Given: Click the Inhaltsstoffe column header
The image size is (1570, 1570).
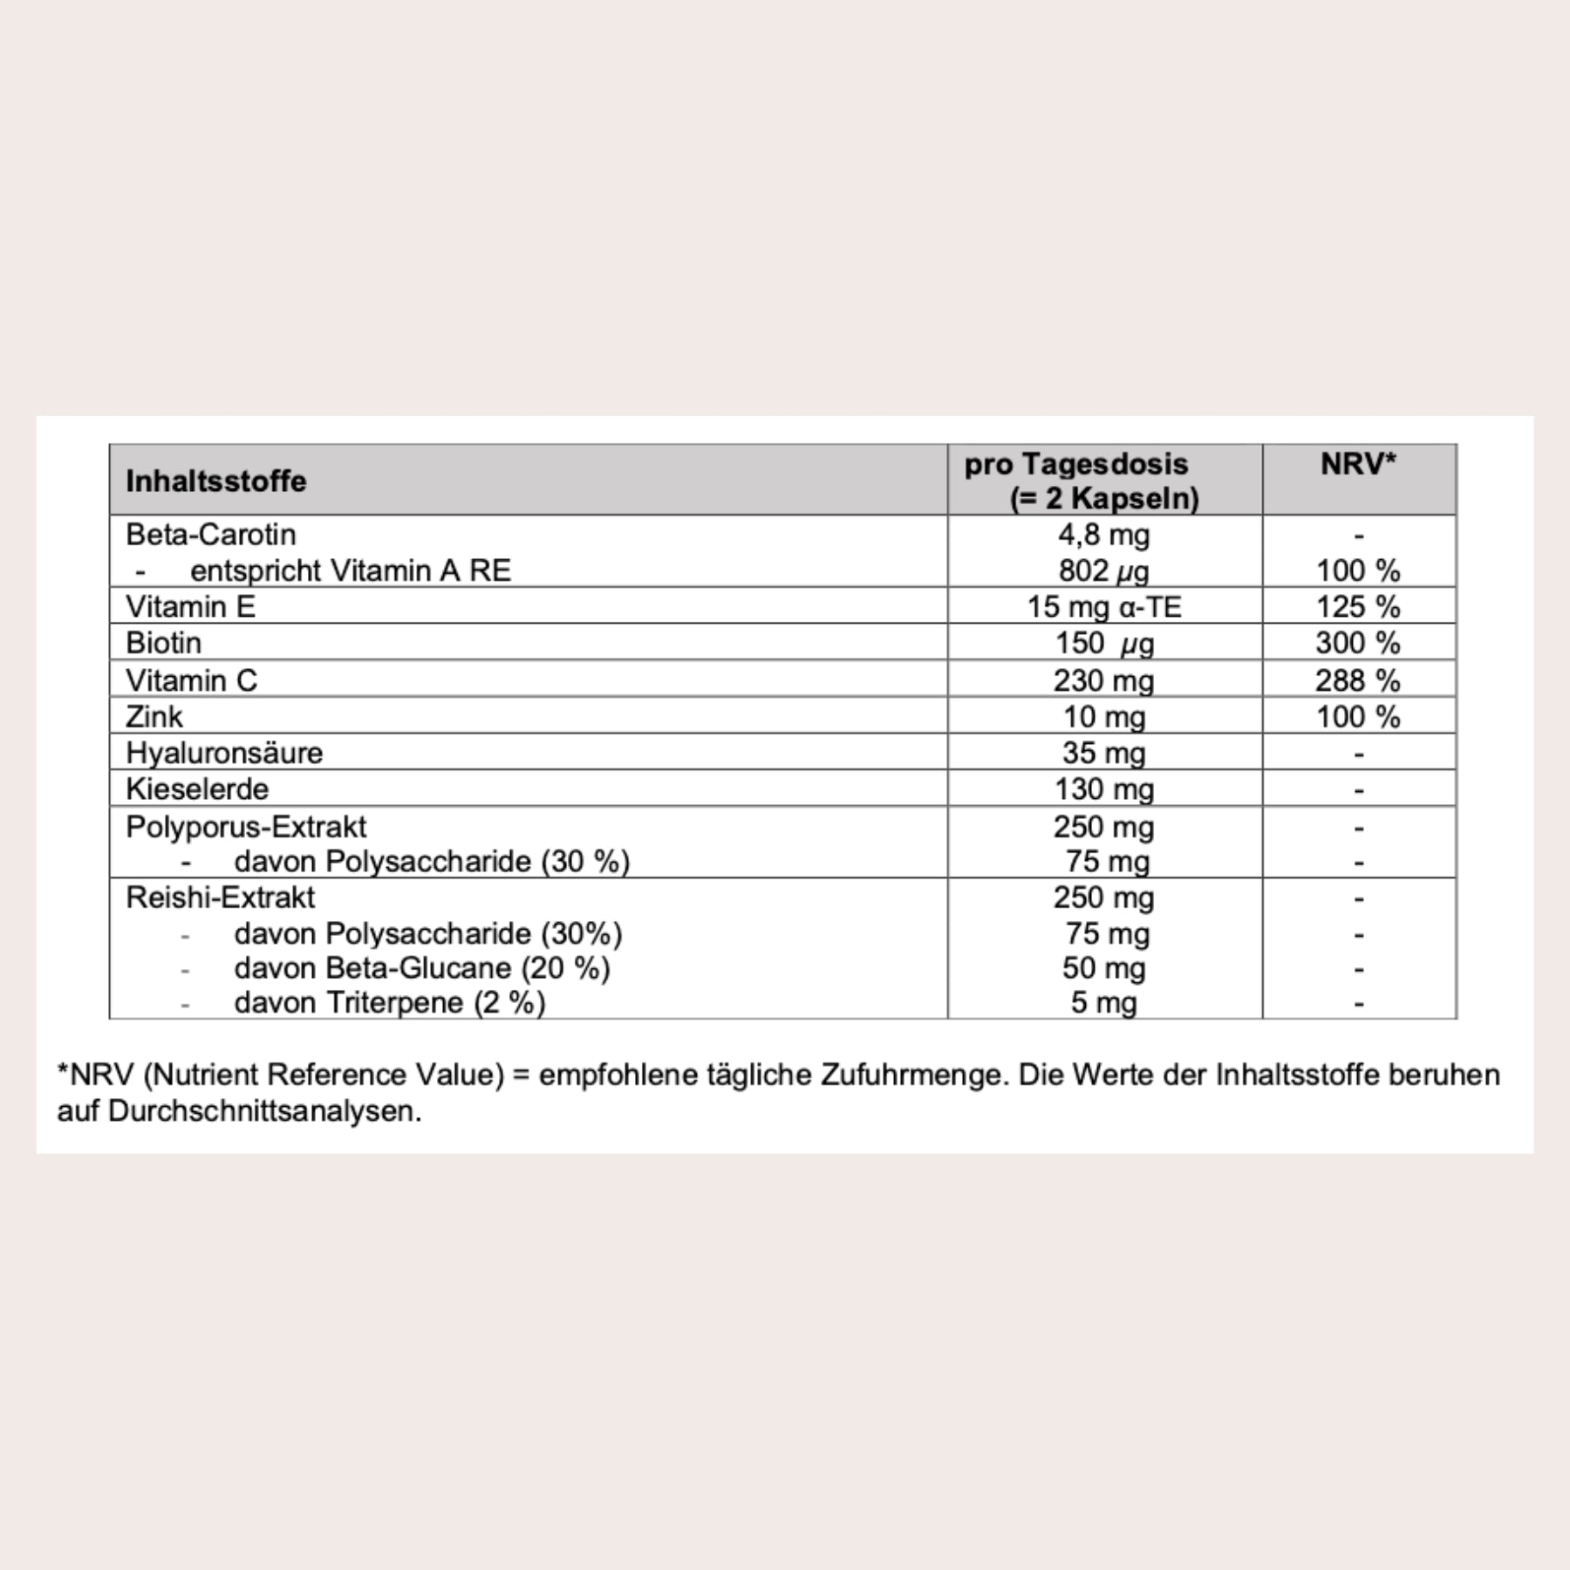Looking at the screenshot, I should pos(215,481).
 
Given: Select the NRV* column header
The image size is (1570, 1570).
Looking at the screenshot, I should pos(1358,464).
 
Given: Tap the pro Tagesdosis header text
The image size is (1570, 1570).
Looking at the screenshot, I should pos(1076,464).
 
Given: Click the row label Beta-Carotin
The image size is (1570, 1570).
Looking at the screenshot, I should pos(210,534).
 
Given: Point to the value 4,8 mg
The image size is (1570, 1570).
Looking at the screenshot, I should pos(1103,534).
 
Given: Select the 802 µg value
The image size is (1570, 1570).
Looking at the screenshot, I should pos(1103,570).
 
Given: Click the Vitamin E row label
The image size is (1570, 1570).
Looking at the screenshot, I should pos(190,606).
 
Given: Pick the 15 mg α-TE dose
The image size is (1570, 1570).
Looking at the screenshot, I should pos(1103,606).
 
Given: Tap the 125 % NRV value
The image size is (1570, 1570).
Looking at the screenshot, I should pos(1358,606).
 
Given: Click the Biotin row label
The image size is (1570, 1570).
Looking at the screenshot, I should pos(163,643).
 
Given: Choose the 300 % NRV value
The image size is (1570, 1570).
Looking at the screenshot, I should pos(1358,643).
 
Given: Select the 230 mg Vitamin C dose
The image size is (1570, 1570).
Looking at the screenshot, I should pos(1103,680).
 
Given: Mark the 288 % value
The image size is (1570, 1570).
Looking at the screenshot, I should pos(1358,680).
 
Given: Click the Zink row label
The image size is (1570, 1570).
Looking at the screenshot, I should pos(154,717).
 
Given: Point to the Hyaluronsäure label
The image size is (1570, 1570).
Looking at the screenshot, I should pos(223,753).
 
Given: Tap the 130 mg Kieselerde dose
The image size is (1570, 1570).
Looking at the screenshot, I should pos(1103,789).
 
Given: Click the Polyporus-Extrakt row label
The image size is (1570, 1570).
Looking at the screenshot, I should pos(246,827).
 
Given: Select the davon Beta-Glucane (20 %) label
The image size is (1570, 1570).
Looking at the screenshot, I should pos(421,968).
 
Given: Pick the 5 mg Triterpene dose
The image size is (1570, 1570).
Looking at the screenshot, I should pos(1103,1003).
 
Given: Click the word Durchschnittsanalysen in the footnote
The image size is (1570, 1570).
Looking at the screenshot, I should pos(264,1111).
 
